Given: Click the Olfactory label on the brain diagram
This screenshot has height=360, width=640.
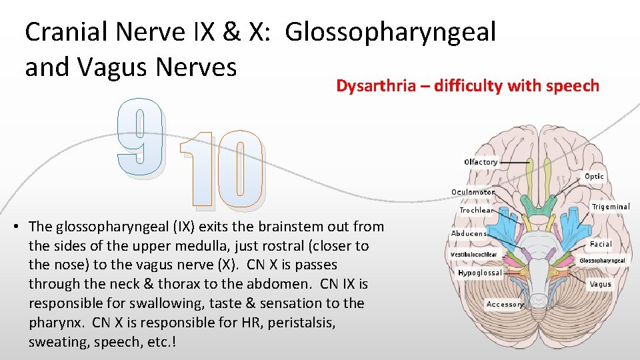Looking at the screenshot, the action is [x=481, y=162].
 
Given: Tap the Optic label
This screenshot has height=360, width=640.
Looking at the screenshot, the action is [x=594, y=177].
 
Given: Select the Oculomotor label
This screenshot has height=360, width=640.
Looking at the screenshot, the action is [x=473, y=192].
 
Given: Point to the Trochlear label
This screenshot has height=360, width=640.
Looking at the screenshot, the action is [x=476, y=210].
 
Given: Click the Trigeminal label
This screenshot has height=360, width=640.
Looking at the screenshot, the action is [x=610, y=207].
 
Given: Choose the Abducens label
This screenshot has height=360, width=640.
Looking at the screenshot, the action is [x=469, y=234].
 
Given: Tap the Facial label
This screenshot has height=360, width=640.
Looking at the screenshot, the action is [x=601, y=245].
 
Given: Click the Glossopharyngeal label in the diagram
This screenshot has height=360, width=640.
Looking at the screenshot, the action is [x=603, y=261].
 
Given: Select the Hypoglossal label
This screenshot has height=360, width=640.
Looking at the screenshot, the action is [x=479, y=273].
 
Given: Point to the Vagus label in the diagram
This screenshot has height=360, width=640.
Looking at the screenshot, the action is [x=600, y=284].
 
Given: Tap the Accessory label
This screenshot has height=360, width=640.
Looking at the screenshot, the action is [x=505, y=304].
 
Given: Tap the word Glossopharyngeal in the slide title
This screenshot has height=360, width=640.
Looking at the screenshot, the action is [x=391, y=32].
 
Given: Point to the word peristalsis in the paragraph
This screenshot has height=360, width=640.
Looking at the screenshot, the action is [x=303, y=323].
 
